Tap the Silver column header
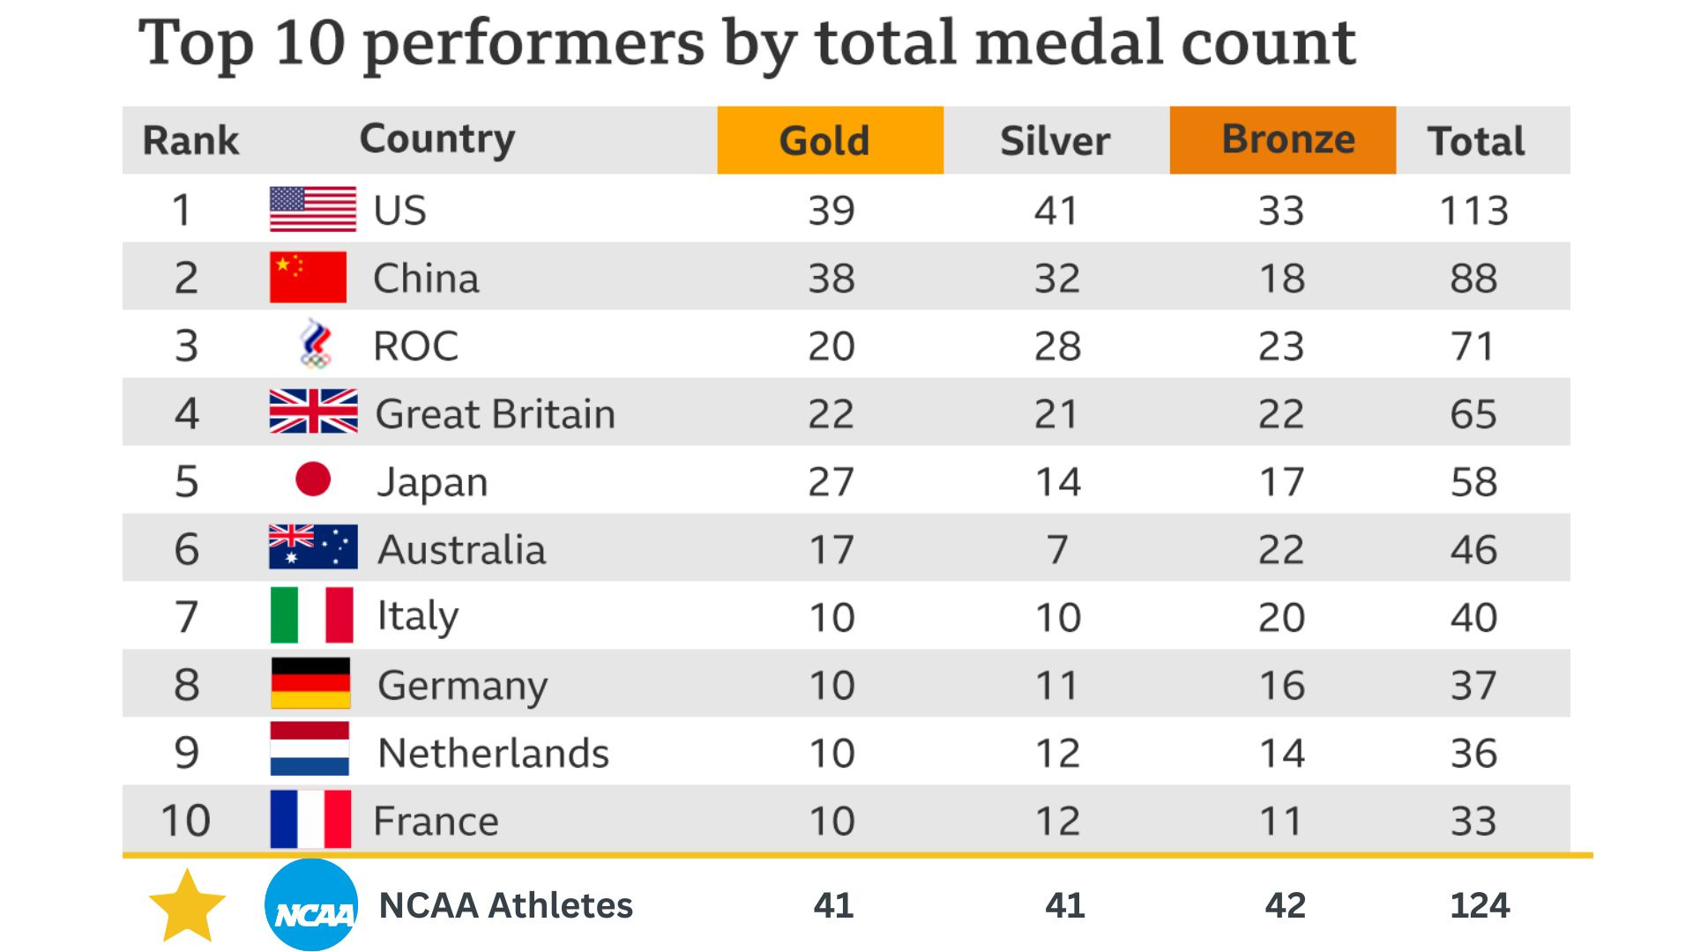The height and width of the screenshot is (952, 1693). [x=1055, y=141]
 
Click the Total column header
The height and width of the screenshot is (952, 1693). [x=1476, y=141]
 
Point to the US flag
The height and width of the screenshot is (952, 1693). [x=313, y=210]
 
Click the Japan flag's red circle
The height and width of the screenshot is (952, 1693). [x=313, y=480]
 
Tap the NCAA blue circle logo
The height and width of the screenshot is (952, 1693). [x=312, y=905]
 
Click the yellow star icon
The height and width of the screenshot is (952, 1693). [x=187, y=906]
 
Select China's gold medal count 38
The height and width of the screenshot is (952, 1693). [x=832, y=279]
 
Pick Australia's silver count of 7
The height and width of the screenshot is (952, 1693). [x=1057, y=550]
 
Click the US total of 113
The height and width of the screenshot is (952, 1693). [x=1473, y=211]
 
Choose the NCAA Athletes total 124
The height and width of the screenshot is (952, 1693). [x=1480, y=905]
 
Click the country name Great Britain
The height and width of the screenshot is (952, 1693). [x=495, y=414]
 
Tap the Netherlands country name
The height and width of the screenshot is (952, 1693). [x=493, y=754]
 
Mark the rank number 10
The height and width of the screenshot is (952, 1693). [x=185, y=821]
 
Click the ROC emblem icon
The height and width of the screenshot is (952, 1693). [x=316, y=344]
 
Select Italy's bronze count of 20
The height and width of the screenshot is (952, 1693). [x=1281, y=618]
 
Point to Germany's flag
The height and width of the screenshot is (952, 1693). [x=310, y=684]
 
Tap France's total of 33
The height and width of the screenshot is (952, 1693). [x=1473, y=822]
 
